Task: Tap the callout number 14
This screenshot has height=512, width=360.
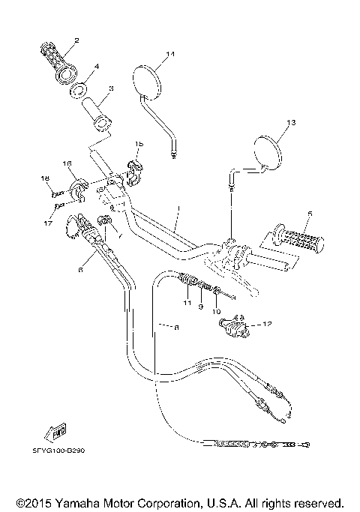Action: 170,54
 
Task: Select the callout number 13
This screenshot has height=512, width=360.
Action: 291,122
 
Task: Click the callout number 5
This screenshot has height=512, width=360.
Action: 308,214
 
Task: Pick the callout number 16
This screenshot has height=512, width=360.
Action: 67,164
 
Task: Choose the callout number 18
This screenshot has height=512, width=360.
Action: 44,178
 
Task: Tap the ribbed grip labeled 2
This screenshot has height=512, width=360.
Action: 56,63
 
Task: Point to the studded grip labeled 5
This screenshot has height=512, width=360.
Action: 299,238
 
